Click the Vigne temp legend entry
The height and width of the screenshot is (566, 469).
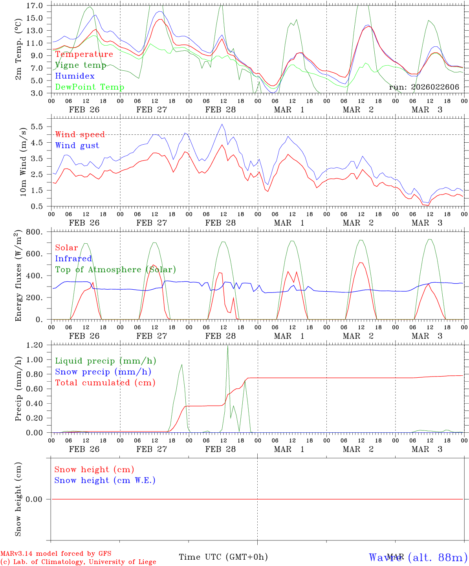pos(81,65)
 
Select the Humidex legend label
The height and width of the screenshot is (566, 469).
pos(75,76)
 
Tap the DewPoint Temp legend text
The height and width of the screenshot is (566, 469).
pos(90,87)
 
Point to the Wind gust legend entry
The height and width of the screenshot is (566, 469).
pos(77,145)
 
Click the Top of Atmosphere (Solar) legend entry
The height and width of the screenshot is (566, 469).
pos(115,270)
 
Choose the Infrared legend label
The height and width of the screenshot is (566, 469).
pos(73,259)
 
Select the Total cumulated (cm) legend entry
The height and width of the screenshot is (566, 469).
pos(105,383)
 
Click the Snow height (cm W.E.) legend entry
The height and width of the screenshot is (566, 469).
pos(105,480)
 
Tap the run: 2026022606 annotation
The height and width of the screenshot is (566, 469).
pos(424,87)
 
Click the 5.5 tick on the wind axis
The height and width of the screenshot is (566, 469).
pos(38,127)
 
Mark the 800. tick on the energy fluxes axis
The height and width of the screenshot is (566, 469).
pos(35,232)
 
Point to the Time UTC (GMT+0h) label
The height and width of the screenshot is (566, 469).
pos(223,557)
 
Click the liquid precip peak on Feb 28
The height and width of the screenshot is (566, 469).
pos(227,346)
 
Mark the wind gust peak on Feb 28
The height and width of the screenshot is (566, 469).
pos(222,124)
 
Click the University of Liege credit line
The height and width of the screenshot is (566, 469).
pos(78,562)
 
